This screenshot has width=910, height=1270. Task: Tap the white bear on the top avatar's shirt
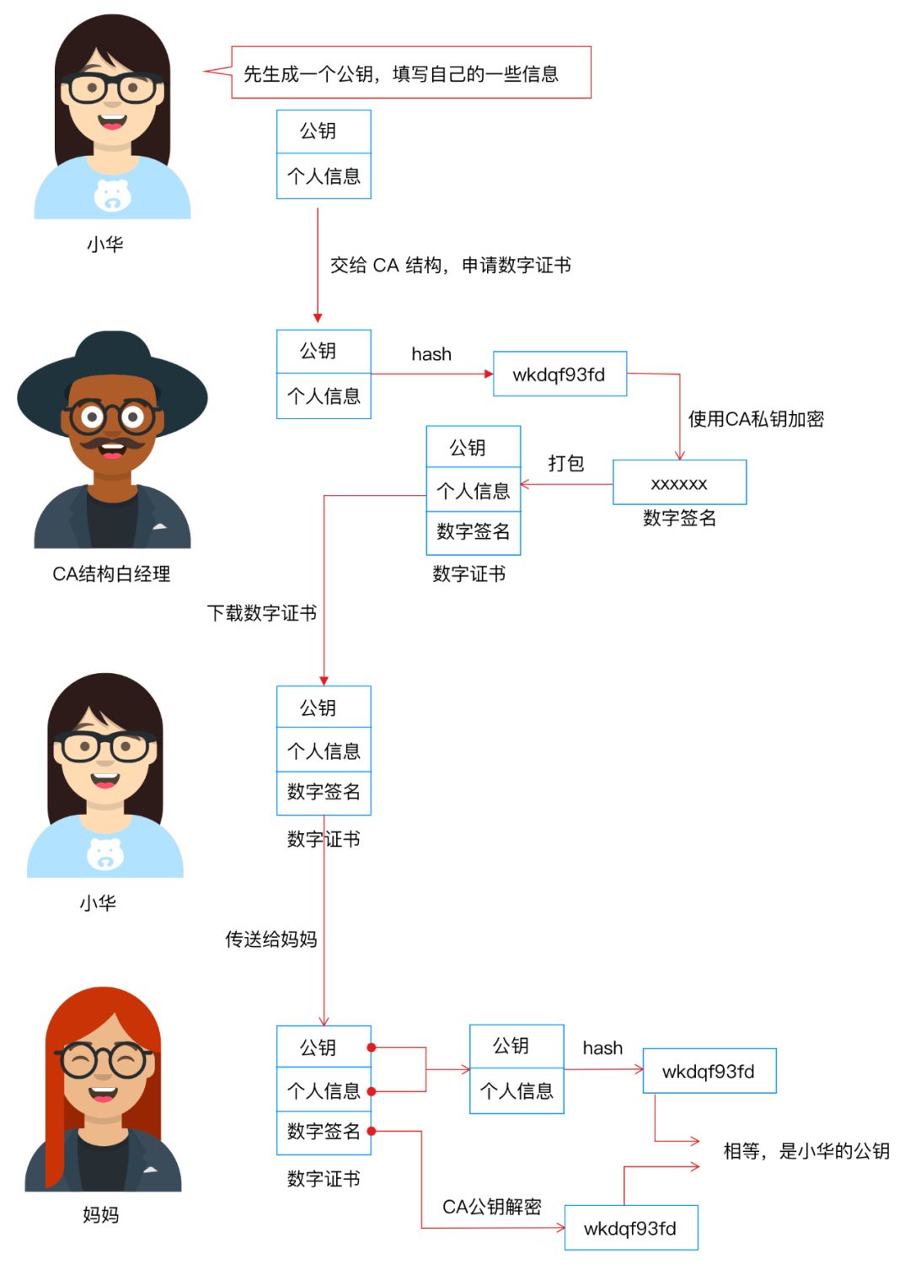[x=112, y=195]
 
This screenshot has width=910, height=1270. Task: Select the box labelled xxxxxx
[x=679, y=482]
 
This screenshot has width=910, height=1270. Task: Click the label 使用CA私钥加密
[x=756, y=419]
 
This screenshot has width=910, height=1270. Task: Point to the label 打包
[x=565, y=463]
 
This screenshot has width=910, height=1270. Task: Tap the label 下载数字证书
[x=262, y=612]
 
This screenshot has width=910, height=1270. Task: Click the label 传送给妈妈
[x=270, y=939]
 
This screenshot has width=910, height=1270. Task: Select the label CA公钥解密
[x=492, y=1207]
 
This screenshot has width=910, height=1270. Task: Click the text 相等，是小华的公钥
[x=806, y=1151]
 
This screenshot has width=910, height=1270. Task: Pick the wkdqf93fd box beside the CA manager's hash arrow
[x=559, y=374]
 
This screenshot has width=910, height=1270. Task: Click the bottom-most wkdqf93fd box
[x=631, y=1228]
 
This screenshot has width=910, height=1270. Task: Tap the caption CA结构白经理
[x=111, y=573]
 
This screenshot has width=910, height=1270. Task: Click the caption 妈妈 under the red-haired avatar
[x=101, y=1214]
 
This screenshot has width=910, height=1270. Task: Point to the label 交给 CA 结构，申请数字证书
[x=451, y=265]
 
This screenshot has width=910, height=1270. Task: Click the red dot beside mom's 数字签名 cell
[x=371, y=1131]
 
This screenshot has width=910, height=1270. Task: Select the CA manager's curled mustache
[x=111, y=442]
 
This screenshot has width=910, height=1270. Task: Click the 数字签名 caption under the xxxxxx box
[x=679, y=518]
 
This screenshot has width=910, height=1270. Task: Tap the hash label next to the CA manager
[x=431, y=354]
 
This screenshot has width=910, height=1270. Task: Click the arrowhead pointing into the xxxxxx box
[x=679, y=455]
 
